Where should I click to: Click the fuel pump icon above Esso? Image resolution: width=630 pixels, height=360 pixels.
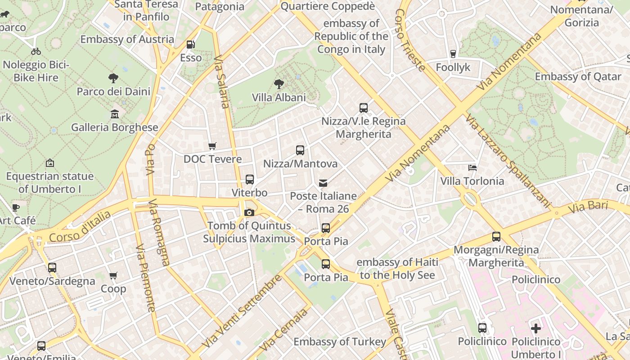click(x=191, y=45)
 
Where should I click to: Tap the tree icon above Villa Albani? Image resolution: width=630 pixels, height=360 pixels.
click(x=279, y=84)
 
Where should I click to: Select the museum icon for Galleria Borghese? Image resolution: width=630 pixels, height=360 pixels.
click(x=115, y=114)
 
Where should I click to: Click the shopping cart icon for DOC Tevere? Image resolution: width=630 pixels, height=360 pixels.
click(x=212, y=146)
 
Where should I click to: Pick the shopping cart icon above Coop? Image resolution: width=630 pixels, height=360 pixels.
click(x=113, y=275)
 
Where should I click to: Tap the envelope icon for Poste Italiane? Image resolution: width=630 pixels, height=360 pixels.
click(x=323, y=183)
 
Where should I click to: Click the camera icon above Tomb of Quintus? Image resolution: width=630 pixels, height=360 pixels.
click(x=249, y=212)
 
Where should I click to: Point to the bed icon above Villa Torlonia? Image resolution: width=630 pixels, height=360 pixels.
click(x=472, y=168)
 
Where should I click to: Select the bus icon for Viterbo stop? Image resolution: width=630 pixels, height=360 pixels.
click(x=249, y=180)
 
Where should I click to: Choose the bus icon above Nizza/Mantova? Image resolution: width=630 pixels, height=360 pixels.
click(x=300, y=150)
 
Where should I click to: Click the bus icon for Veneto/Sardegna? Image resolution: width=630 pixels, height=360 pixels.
click(x=52, y=268)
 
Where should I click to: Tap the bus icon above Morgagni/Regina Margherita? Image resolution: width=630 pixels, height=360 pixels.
click(x=496, y=237)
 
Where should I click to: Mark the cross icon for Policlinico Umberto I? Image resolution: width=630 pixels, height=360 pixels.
click(x=535, y=328)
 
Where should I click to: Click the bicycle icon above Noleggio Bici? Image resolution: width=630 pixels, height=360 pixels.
click(x=36, y=51)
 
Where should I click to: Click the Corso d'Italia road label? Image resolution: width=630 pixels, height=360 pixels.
click(x=80, y=228)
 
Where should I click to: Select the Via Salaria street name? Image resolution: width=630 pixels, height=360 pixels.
click(x=222, y=81)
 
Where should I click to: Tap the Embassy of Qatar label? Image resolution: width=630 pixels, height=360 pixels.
click(x=578, y=76)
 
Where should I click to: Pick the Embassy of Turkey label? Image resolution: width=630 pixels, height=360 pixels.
click(x=340, y=342)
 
